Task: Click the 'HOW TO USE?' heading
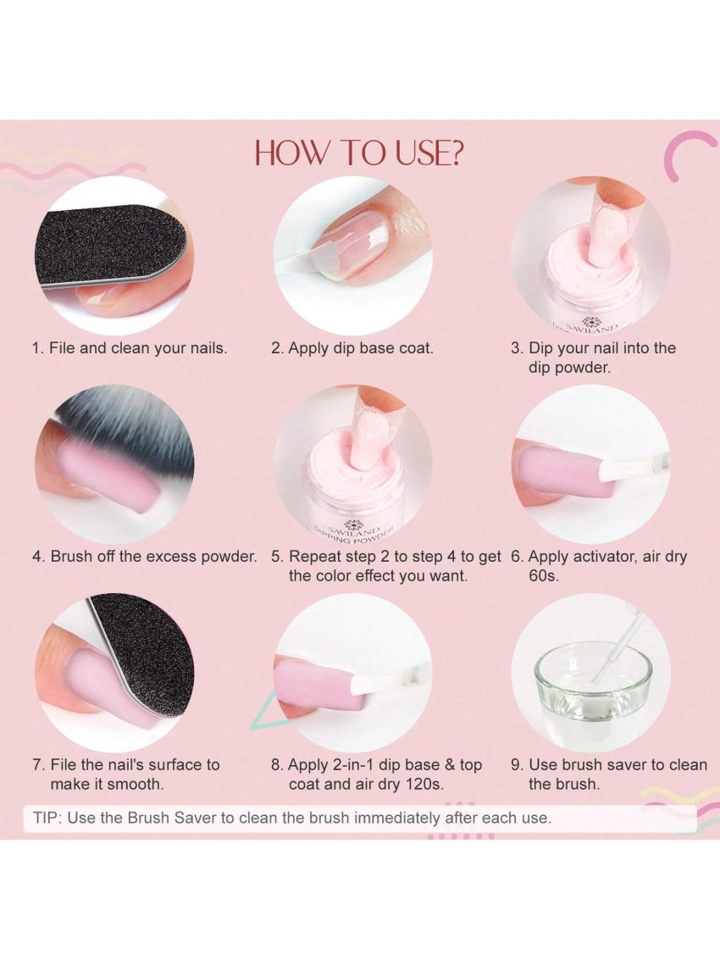359,153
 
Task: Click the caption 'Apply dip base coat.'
361,348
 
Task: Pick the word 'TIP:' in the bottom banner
47,818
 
